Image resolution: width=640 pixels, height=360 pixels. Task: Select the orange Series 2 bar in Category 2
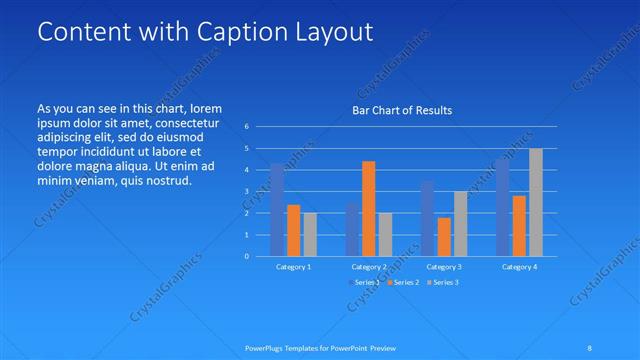pos(368,208)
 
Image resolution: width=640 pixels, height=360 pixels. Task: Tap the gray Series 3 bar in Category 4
pos(536,202)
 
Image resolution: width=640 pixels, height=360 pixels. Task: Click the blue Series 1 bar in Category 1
pos(277,210)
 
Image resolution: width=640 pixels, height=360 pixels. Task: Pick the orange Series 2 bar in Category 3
pos(443,236)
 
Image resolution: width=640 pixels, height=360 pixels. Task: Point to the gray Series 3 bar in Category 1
pos(310,234)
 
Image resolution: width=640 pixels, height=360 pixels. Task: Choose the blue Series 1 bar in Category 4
pos(502,207)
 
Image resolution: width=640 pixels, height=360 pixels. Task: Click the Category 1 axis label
pos(293,267)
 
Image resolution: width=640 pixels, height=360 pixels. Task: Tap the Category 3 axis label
pos(443,267)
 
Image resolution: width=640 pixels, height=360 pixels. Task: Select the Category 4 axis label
pos(519,267)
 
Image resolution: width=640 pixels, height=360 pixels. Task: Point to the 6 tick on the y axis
pos(247,127)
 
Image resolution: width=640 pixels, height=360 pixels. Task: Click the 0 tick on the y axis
pos(247,256)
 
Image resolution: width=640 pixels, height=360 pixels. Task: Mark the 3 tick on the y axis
pos(247,191)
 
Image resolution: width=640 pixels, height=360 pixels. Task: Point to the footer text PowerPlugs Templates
pos(290,348)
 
